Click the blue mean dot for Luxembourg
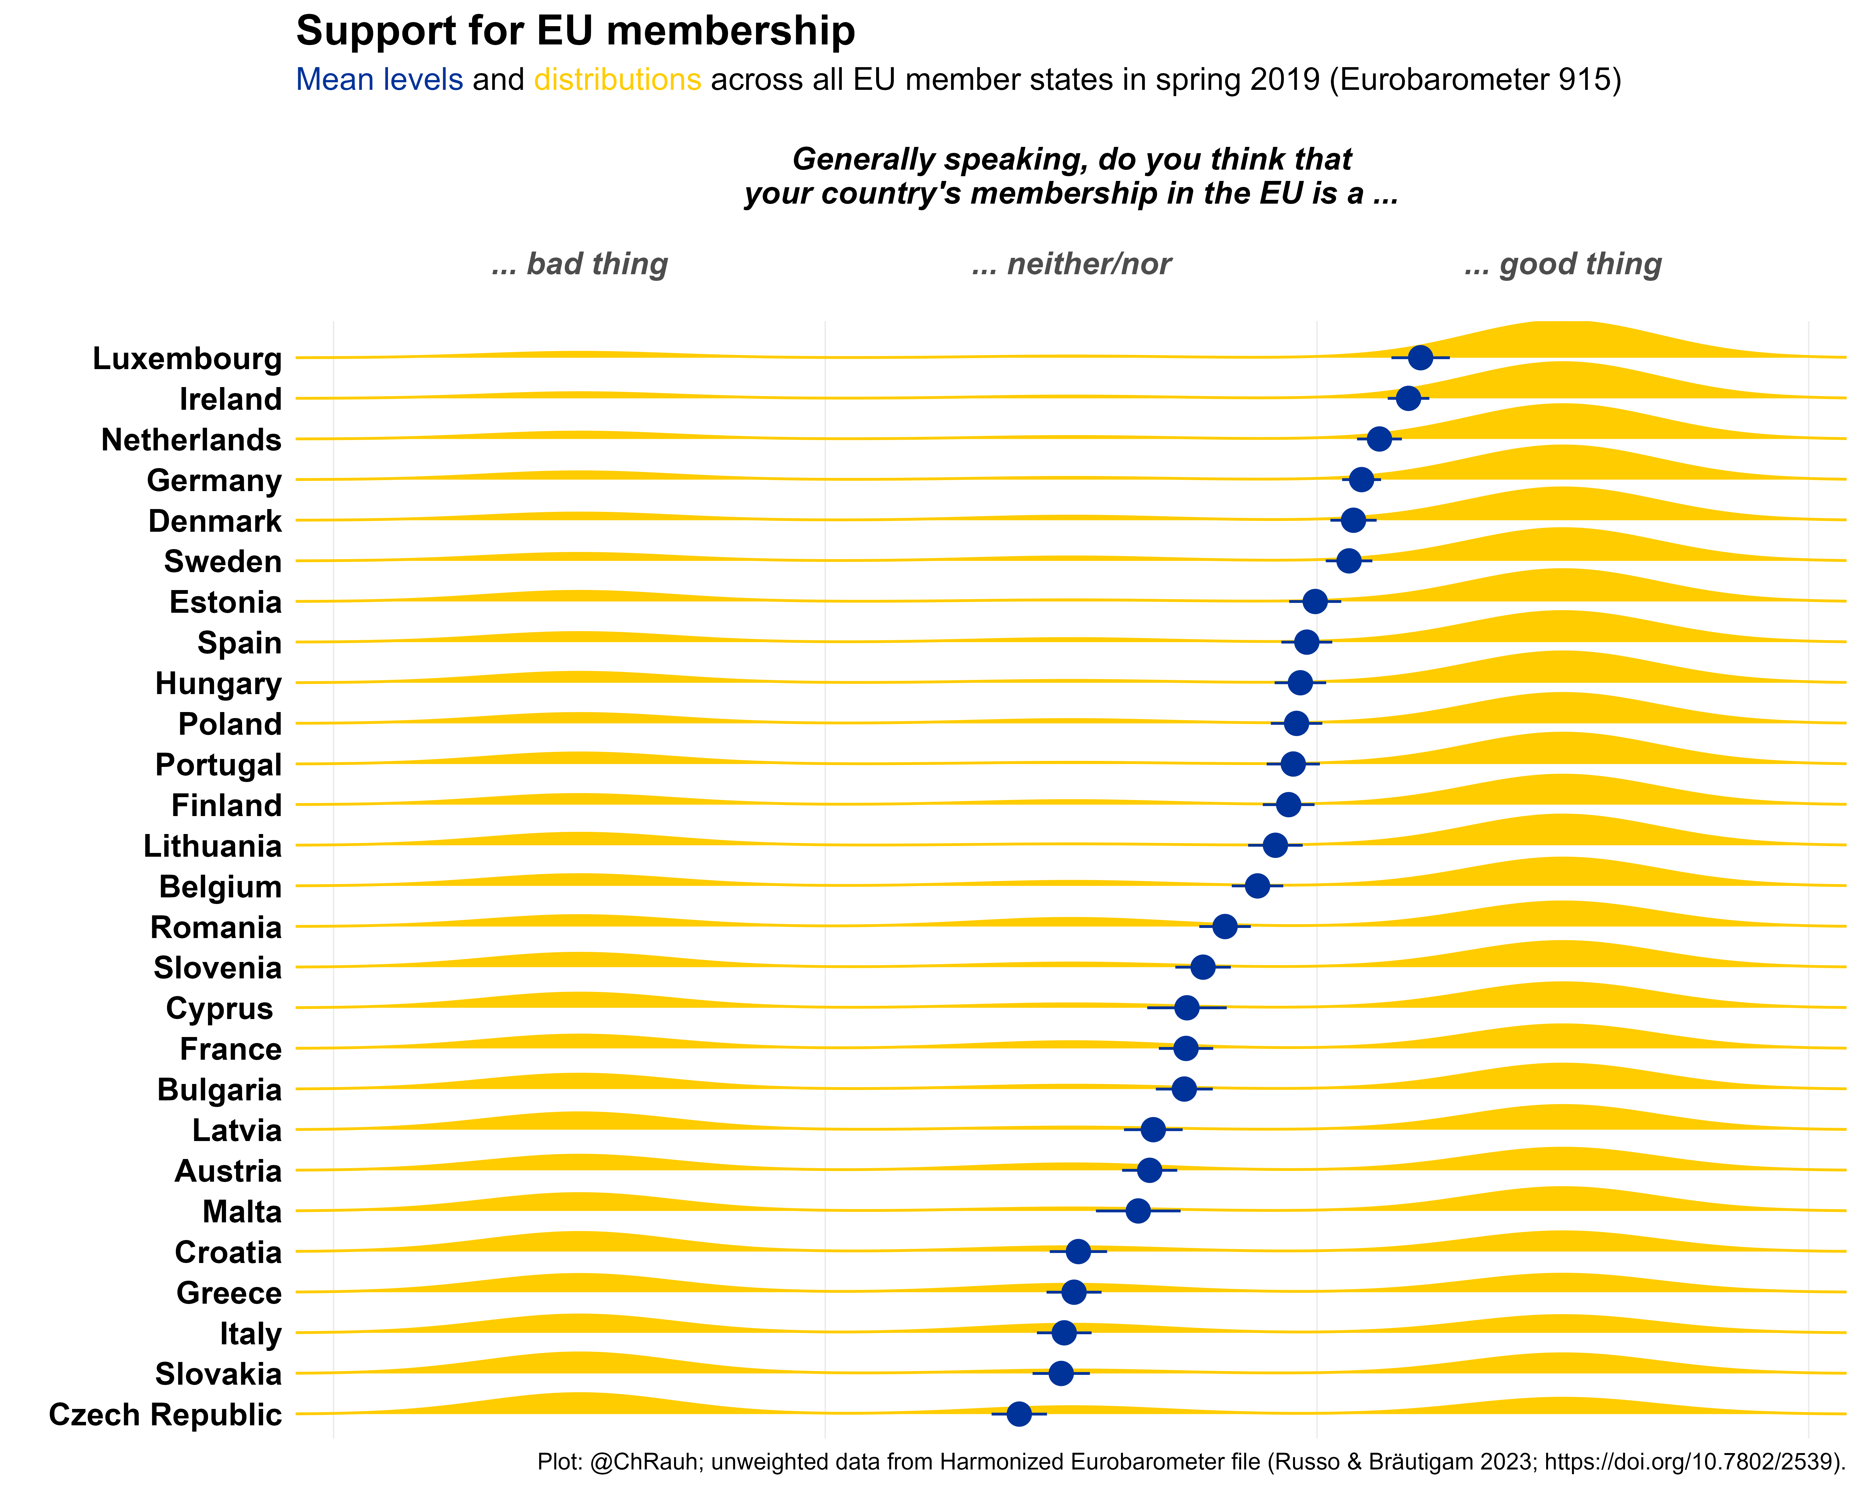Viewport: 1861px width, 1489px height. [1420, 357]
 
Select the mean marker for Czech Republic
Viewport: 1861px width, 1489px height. [1020, 1414]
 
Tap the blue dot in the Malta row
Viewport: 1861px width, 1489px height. [1139, 1211]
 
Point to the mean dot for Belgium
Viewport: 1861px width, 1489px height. [1258, 886]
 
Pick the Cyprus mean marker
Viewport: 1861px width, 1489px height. [1187, 1007]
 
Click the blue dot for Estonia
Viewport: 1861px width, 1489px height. [1315, 602]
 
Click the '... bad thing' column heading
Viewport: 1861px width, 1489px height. [580, 264]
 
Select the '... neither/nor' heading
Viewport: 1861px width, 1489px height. [1071, 264]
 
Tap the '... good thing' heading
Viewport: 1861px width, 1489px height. [1563, 264]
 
